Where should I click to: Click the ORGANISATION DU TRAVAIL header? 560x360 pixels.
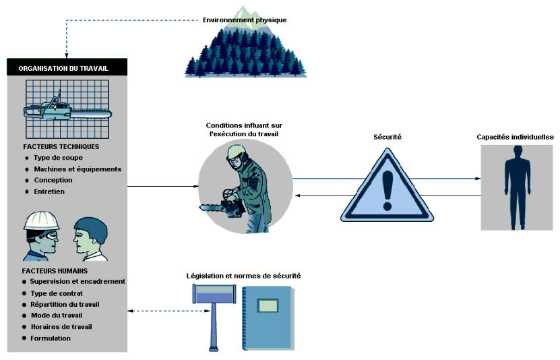(x=63, y=68)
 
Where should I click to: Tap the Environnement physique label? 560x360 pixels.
(x=245, y=20)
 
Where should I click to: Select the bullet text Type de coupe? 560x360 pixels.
(x=58, y=158)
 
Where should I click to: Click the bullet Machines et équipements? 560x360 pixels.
(x=77, y=169)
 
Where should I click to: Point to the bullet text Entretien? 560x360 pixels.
(x=49, y=191)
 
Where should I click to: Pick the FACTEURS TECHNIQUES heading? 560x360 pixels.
(x=61, y=146)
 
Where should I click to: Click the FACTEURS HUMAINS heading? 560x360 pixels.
(x=55, y=271)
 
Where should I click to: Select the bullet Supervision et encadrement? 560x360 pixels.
(x=77, y=281)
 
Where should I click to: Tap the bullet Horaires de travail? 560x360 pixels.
(x=61, y=327)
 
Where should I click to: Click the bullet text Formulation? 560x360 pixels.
(x=51, y=338)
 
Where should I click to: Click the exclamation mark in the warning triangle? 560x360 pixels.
(x=387, y=190)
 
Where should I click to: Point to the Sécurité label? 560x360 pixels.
(x=387, y=137)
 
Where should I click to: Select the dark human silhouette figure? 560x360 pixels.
(x=517, y=187)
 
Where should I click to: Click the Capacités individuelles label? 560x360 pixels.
(x=515, y=137)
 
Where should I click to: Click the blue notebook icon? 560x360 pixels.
(x=269, y=318)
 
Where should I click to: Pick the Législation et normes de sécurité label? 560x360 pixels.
(x=243, y=276)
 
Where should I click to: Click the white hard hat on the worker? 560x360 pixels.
(x=41, y=221)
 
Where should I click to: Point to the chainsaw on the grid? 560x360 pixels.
(x=67, y=109)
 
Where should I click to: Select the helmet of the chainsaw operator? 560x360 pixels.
(x=236, y=153)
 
